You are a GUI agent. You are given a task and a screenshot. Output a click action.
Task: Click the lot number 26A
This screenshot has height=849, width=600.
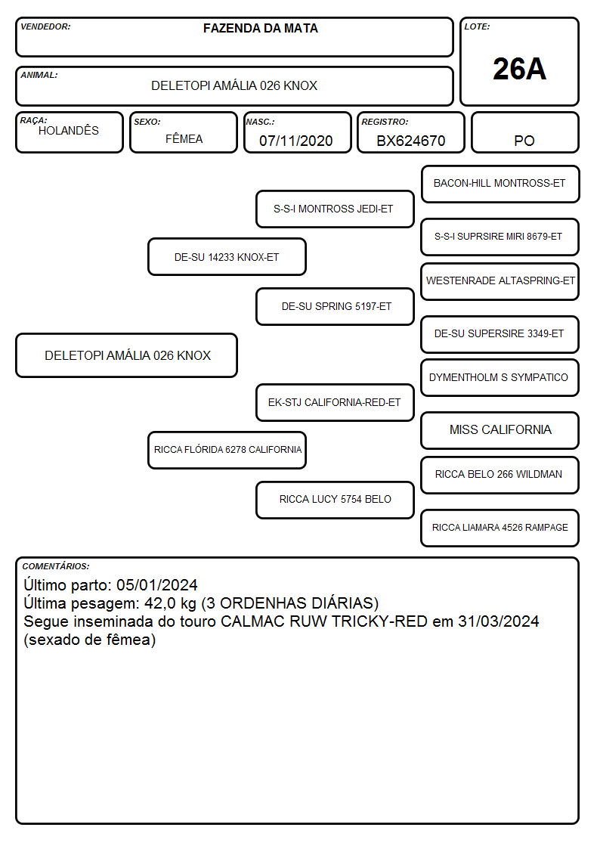coord(519,69)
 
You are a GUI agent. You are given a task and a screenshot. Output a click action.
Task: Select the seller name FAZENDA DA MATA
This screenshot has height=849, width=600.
coord(260,29)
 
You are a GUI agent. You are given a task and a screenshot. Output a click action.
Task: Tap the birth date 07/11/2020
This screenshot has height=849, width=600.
coord(296,141)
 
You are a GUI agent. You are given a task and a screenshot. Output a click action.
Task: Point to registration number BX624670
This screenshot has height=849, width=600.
coord(410,141)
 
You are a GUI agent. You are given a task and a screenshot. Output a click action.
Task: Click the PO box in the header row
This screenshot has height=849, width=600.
coord(524,133)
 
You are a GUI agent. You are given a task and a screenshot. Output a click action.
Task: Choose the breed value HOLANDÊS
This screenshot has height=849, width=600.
coord(69,131)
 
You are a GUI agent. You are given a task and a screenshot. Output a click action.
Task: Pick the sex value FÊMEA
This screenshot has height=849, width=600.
coord(184,138)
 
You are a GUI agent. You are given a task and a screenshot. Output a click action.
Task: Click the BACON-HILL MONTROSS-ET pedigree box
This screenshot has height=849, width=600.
coord(500,184)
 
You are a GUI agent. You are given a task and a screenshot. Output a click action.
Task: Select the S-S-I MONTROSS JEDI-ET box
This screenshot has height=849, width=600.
coord(335,209)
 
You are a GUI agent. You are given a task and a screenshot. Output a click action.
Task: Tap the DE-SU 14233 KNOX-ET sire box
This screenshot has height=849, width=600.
coord(227,257)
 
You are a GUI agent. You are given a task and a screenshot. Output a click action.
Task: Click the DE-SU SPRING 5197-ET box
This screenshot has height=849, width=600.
coord(335,306)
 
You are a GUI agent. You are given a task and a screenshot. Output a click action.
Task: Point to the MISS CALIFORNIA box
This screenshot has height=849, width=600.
coord(500,430)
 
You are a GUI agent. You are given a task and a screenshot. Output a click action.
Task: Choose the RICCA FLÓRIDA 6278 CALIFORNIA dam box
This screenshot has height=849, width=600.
coord(227,450)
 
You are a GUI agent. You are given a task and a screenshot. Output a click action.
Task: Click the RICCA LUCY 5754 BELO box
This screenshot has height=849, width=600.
coord(335,500)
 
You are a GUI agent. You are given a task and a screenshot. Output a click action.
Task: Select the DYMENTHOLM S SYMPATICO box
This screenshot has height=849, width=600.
coord(500,377)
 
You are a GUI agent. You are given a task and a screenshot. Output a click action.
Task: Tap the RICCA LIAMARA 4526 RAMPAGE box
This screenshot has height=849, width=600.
coord(500,528)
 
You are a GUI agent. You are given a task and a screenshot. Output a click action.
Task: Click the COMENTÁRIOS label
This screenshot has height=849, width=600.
coord(56,566)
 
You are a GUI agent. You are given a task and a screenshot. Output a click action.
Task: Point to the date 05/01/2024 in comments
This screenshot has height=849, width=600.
coord(157,585)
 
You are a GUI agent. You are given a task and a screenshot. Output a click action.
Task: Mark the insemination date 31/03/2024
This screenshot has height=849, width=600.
coord(498,621)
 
